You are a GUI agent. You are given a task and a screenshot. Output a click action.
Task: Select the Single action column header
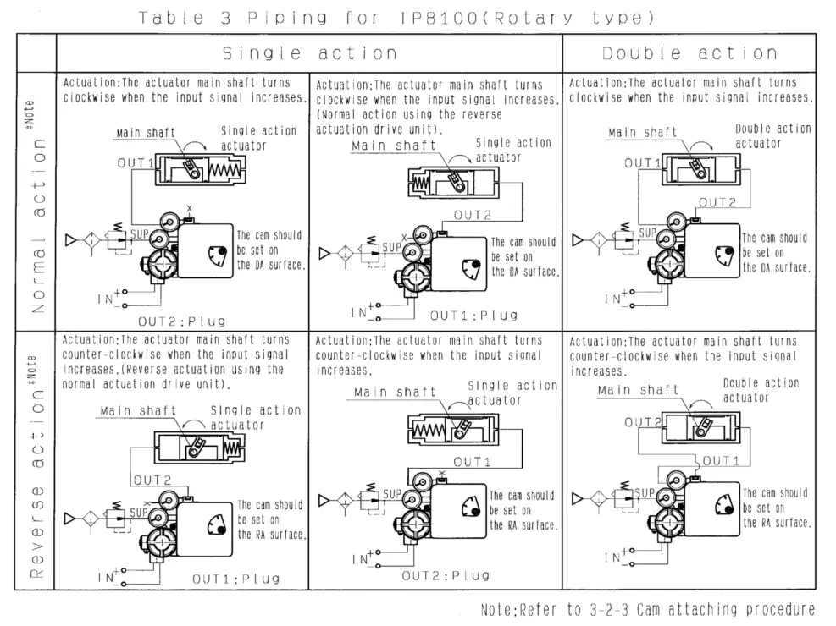[x=309, y=53]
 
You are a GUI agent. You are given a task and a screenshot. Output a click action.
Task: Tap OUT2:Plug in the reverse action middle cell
[x=446, y=575]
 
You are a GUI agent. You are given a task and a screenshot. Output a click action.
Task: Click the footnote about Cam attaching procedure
[x=647, y=609]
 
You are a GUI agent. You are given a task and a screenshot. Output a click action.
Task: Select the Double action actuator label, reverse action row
[x=761, y=390]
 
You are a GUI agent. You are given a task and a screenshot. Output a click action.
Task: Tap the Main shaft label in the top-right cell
[x=642, y=133]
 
